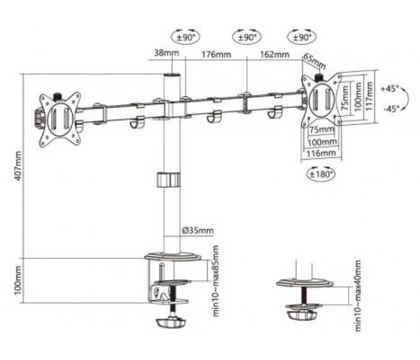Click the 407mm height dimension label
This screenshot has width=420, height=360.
[17, 166]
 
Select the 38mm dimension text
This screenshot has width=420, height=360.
[166, 53]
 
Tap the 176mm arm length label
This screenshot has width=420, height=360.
[216, 55]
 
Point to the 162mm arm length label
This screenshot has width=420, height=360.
[275, 55]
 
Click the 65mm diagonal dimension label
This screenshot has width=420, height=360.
[314, 62]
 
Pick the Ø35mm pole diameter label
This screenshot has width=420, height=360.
[197, 230]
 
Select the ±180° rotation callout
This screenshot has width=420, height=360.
[321, 175]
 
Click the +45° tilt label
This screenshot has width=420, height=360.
[390, 88]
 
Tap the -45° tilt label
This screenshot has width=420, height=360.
[391, 109]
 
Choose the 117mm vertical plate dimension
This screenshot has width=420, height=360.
[370, 96]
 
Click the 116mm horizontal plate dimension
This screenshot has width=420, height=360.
[321, 154]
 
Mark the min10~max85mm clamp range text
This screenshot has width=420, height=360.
[215, 281]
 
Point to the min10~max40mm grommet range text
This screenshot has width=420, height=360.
[358, 296]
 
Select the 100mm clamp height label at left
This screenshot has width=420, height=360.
[17, 280]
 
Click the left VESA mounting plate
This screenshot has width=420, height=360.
[60, 120]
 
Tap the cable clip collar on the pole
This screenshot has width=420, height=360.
[168, 180]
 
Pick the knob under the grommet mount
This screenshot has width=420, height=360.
[301, 314]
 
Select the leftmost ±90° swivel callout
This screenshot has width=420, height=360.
[185, 37]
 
